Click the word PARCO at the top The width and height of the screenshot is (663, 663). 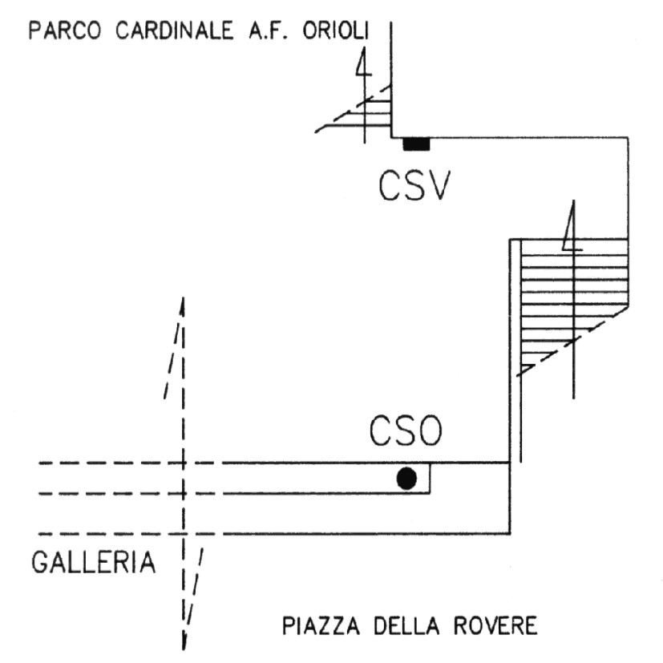click(x=61, y=33)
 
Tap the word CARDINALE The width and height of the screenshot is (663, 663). click(x=168, y=33)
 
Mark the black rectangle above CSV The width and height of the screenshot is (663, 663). click(x=416, y=144)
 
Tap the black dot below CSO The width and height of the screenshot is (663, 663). click(x=407, y=479)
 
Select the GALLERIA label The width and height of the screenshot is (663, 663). click(x=93, y=562)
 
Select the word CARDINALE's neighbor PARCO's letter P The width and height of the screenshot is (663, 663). click(x=34, y=33)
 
